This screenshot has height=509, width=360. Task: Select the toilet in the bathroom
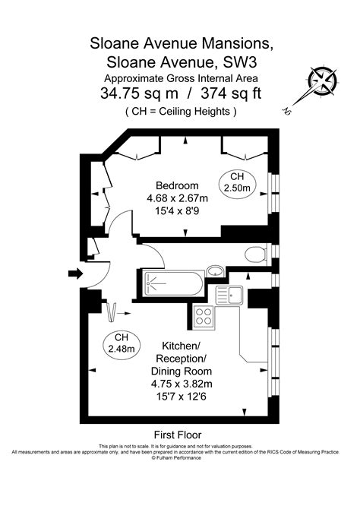tap(255, 253)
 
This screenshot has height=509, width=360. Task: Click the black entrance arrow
tap(76, 273)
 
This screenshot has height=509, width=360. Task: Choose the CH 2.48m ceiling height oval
tap(121, 343)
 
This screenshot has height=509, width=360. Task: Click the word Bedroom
tap(177, 185)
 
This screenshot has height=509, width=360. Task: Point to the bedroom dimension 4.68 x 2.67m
tap(177, 198)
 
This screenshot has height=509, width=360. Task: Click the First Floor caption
tap(179, 435)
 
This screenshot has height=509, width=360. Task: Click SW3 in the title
tap(249, 60)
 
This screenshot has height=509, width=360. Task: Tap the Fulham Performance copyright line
tap(179, 458)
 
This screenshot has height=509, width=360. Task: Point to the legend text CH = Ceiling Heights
tap(181, 112)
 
